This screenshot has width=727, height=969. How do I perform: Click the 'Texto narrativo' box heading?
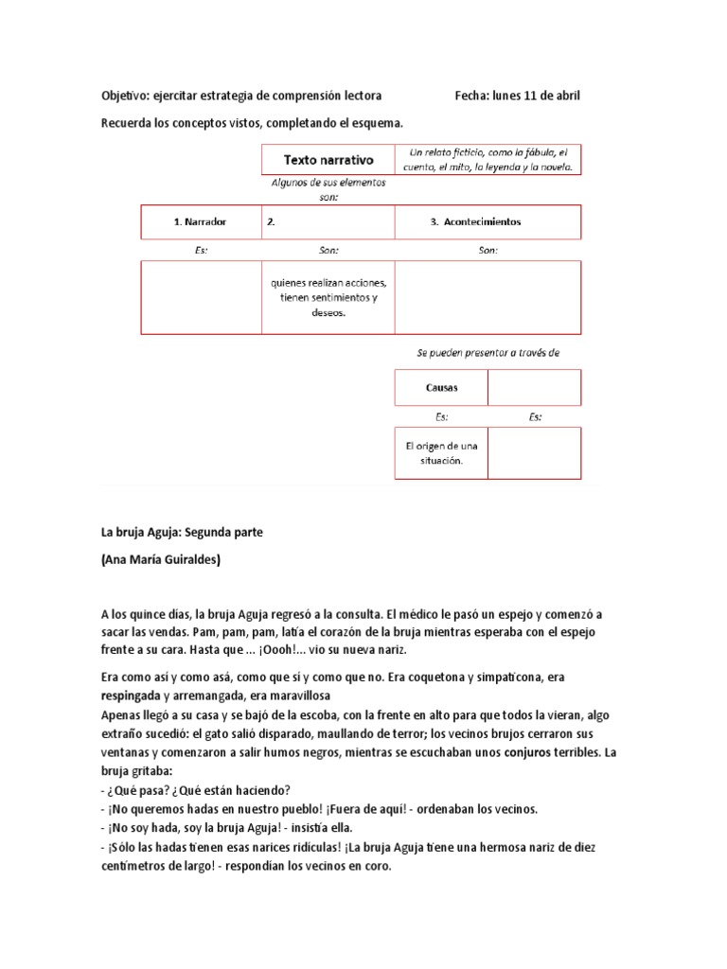point(328,160)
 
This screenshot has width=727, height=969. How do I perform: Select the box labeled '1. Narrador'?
point(200,221)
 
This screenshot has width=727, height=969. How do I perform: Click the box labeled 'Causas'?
point(441,388)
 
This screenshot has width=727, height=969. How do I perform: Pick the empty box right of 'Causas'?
point(534,388)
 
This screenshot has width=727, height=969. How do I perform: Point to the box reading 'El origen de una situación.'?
point(441,453)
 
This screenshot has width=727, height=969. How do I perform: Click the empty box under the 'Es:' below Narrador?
point(201,298)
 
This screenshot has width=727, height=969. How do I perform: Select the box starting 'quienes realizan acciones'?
point(328,298)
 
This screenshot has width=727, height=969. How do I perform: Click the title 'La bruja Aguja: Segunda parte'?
point(182,533)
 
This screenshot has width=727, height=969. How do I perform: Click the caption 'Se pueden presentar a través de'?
point(488,352)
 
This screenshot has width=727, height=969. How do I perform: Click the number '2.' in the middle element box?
point(271,221)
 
